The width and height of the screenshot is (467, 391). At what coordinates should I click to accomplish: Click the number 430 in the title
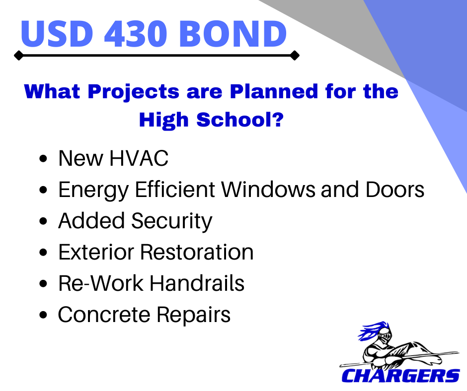coord(136,33)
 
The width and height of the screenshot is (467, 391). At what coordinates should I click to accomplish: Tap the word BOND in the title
coord(233,33)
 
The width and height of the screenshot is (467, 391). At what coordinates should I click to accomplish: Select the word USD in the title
coord(57,33)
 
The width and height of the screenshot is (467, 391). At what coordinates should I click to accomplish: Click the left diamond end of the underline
coord(18,56)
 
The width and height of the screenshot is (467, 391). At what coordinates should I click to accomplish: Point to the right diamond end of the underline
coord(295,56)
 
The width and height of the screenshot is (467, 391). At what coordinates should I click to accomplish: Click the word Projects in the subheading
coord(134,92)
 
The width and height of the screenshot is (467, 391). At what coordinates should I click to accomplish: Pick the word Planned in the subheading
coord(274,91)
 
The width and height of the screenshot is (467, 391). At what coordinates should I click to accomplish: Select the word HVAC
coord(139,158)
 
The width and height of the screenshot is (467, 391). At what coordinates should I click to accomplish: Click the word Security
coord(171,221)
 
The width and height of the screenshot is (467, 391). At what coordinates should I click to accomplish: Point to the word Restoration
coord(197,252)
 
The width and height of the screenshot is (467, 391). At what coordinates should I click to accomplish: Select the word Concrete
coord(104,315)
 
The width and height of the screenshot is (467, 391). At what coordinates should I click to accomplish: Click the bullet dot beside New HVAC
coord(43,158)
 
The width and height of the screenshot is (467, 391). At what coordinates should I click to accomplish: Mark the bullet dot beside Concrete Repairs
coord(43,315)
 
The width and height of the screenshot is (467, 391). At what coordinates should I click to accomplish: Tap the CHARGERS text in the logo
coord(400,376)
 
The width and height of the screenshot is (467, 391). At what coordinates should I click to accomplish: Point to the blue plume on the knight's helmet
coord(371,330)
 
